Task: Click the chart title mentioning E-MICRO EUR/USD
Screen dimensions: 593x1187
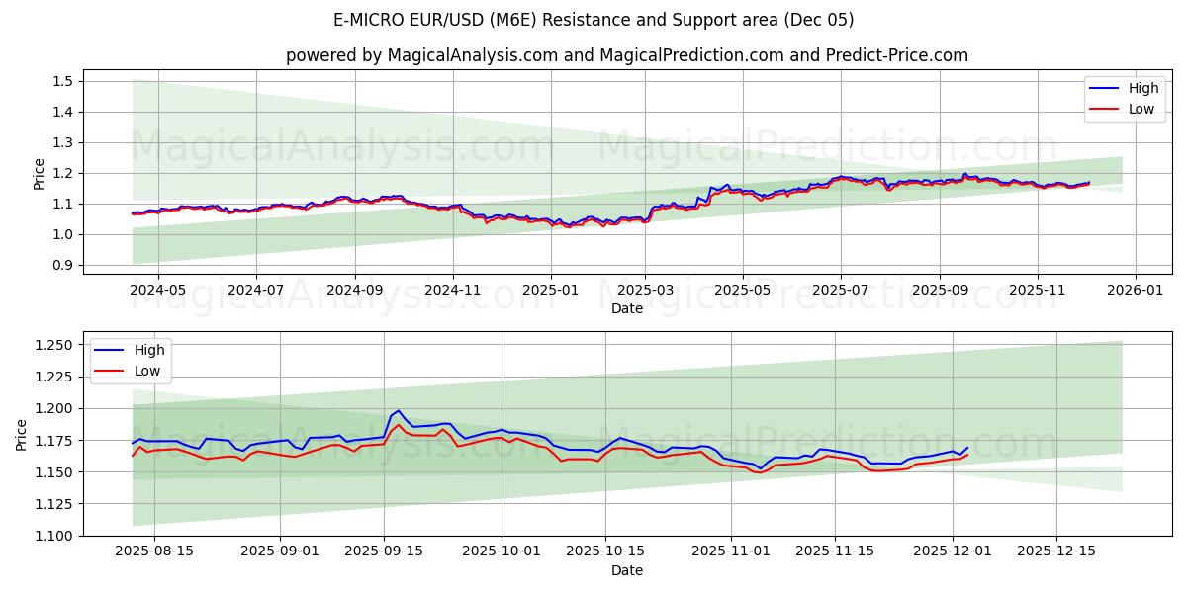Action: pos(593,20)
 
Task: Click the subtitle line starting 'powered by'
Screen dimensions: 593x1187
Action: pos(627,55)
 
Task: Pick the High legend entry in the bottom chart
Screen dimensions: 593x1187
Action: pos(149,350)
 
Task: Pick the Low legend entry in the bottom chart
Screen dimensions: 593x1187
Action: pos(147,371)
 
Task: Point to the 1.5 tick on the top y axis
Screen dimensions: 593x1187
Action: pos(64,81)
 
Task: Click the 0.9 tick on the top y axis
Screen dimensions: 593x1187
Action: pos(64,265)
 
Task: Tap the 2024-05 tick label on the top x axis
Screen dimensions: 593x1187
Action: pos(157,291)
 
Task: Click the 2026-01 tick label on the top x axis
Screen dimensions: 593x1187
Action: pos(1135,291)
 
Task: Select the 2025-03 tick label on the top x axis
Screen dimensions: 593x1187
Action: pos(645,291)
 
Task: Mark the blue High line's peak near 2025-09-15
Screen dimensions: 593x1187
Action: pos(398,411)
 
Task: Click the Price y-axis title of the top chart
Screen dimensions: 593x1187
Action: pos(40,173)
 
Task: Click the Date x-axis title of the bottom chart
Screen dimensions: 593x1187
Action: pos(627,570)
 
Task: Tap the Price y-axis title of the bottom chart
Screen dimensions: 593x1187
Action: pos(22,434)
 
